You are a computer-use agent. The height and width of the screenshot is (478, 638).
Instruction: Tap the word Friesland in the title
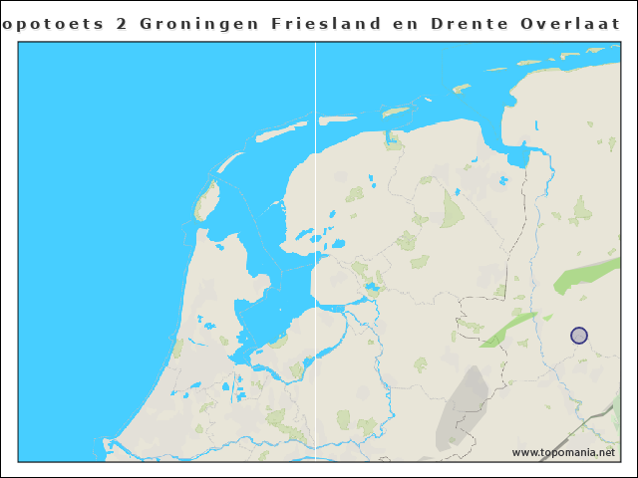pyautogui.click(x=323, y=22)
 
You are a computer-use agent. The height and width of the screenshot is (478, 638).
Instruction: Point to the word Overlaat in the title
pyautogui.click(x=581, y=22)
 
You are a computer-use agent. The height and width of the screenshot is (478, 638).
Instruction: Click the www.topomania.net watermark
pyautogui.click(x=563, y=452)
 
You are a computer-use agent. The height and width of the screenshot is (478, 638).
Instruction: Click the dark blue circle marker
pyautogui.click(x=579, y=336)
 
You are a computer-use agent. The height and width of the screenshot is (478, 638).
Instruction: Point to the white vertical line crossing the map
pyautogui.click(x=316, y=249)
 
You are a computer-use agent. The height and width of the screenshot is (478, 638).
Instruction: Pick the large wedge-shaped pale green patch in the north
pyautogui.click(x=453, y=209)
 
